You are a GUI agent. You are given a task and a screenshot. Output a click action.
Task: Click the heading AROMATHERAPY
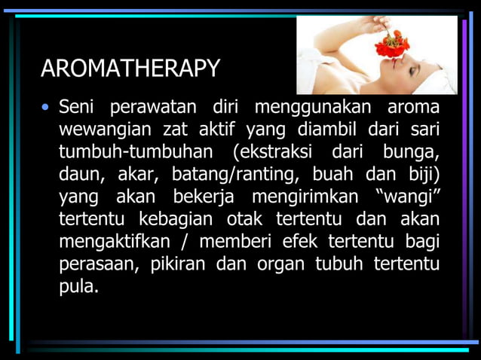point(130,69)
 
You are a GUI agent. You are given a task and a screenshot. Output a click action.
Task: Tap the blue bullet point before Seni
point(46,108)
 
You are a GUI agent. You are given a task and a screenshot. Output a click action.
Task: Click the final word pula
point(78,287)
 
